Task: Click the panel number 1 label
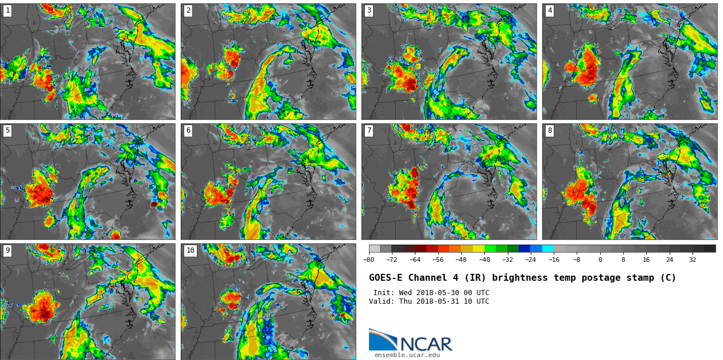[7, 10]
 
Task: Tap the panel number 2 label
[188, 10]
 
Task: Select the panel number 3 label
[369, 10]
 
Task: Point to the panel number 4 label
[550, 10]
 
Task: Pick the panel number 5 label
[7, 130]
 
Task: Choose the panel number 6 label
[188, 130]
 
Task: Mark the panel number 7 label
[369, 130]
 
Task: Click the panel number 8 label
[550, 130]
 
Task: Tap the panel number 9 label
[7, 250]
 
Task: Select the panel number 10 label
[190, 250]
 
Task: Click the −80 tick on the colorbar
[369, 260]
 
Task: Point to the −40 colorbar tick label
[484, 260]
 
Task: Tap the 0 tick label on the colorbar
[600, 260]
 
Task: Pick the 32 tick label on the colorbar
[693, 260]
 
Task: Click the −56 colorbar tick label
[438, 260]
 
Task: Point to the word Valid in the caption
[380, 301]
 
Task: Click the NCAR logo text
[426, 344]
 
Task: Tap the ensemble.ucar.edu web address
[407, 355]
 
